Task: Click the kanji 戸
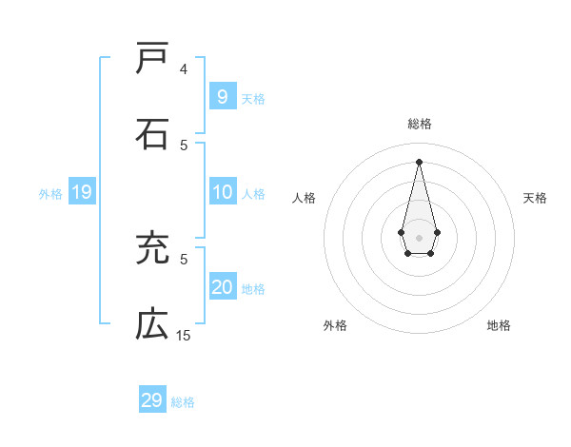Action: click(152, 58)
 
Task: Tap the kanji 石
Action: click(152, 134)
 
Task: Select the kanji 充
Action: click(152, 249)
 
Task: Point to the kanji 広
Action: click(152, 325)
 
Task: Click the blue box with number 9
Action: click(222, 97)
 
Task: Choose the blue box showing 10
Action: click(222, 193)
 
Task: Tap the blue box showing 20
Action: click(222, 288)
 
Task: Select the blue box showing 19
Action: click(81, 193)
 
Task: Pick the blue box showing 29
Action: click(151, 400)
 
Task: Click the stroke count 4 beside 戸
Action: click(184, 69)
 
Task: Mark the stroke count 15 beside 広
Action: click(184, 336)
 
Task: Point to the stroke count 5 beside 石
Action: click(184, 146)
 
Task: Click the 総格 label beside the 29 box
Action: click(183, 402)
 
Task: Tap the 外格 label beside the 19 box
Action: click(50, 194)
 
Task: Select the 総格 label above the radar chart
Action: click(420, 124)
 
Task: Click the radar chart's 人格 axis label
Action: click(305, 198)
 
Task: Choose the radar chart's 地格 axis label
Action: click(499, 325)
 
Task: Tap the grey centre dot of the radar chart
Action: click(419, 237)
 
